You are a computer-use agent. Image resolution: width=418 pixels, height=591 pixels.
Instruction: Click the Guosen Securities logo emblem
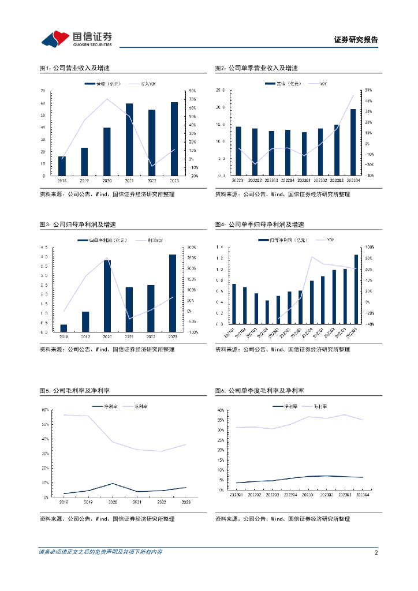coord(55,39)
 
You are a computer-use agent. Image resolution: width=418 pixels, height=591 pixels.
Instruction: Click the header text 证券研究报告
coord(356,40)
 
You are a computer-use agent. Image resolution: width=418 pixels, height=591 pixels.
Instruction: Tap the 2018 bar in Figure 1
coord(62,166)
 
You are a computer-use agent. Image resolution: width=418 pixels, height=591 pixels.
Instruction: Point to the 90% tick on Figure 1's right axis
coord(193,91)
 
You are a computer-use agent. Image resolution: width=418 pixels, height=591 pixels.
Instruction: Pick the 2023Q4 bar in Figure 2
coord(353,142)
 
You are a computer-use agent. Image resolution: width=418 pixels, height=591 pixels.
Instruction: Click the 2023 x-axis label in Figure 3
coord(173,336)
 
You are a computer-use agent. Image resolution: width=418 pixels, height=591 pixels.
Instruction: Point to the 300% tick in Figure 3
coord(193,247)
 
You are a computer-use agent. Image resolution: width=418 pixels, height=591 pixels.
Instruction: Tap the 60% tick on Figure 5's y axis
coord(44,410)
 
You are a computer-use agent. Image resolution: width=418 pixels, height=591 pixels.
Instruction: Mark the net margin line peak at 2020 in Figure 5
coord(112,484)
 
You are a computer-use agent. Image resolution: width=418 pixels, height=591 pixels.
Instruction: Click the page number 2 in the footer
coord(376,552)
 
